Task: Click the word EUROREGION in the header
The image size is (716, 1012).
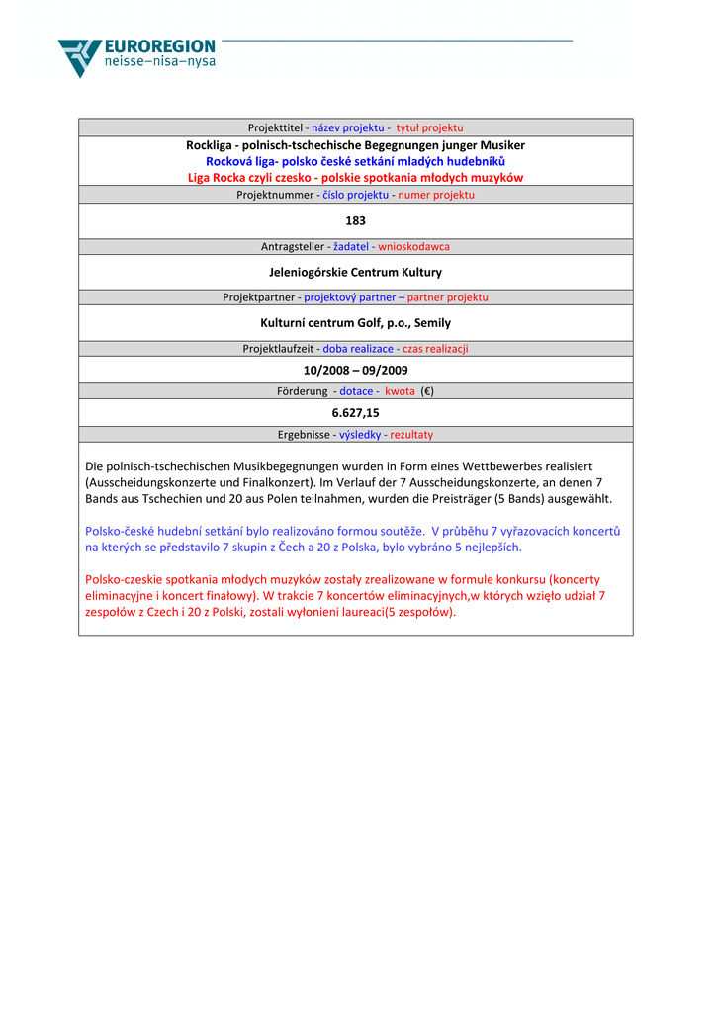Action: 159,46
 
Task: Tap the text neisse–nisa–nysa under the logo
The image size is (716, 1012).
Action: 159,62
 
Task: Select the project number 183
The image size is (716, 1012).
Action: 355,220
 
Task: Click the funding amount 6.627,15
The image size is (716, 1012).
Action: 355,413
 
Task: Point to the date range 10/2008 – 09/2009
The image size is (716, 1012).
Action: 355,370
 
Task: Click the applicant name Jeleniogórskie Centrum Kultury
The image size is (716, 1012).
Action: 355,272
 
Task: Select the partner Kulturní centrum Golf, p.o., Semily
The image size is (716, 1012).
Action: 355,322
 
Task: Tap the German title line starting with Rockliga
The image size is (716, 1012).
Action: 355,145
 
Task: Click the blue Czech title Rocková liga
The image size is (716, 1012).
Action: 355,161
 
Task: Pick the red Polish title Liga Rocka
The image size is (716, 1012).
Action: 355,178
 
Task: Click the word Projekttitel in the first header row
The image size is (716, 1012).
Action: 275,127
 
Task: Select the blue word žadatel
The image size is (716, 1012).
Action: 350,246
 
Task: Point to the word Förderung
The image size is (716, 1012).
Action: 304,391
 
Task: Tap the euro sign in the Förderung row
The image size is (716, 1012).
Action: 427,391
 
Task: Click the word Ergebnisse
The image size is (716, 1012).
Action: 304,435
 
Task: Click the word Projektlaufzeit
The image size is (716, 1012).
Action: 280,349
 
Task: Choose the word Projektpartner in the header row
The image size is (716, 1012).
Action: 259,297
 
